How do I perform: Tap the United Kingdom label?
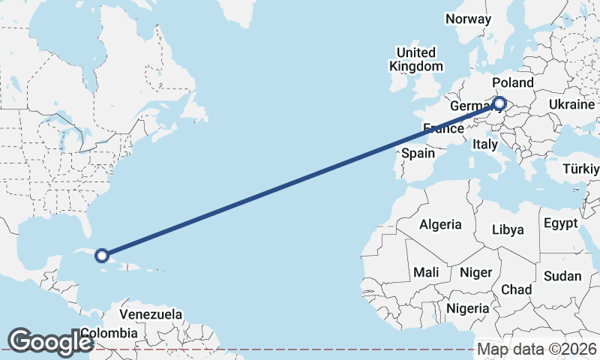[415, 59]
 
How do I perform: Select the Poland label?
[513, 82]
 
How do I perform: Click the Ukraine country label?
[571, 104]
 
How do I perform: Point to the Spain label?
[418, 153]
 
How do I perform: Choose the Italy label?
[485, 144]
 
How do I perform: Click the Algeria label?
[440, 224]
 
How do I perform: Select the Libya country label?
[509, 229]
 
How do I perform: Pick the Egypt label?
[560, 223]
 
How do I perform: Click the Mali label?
[426, 271]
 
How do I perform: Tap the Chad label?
[516, 289]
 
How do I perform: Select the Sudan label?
[562, 276]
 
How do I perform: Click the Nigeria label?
[468, 307]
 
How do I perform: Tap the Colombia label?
[109, 333]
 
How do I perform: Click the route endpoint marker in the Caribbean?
[102, 255]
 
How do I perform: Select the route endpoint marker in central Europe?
[499, 104]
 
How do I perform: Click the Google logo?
[50, 342]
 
